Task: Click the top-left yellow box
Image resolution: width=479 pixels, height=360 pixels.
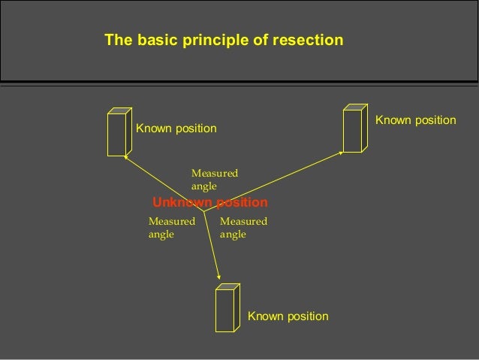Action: [118, 133]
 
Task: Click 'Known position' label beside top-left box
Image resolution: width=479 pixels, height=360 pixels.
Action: [176, 129]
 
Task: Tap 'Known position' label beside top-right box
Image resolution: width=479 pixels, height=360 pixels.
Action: [415, 120]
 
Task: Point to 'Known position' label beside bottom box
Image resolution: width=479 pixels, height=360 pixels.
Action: [288, 316]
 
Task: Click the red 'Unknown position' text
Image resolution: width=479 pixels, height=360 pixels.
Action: [209, 203]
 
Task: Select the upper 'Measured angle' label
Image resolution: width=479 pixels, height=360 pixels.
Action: [215, 180]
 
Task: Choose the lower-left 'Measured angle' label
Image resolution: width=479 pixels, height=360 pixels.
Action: [171, 228]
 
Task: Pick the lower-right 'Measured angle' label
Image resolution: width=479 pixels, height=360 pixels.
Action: [243, 228]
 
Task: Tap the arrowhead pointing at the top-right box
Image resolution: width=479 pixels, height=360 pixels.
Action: [340, 153]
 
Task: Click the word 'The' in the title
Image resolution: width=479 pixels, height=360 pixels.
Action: [117, 40]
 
